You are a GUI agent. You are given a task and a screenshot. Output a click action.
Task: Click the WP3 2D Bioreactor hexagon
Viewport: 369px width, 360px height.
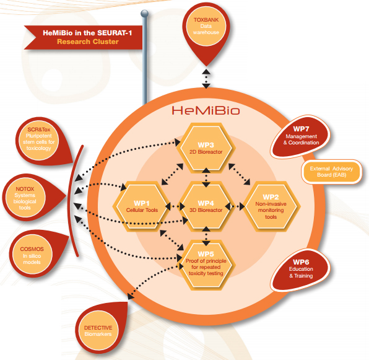coord(206,148)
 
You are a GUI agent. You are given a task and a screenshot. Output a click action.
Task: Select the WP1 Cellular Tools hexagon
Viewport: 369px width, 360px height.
coord(142,206)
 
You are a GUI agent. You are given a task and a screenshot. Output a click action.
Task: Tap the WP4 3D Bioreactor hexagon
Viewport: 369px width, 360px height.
coord(206,206)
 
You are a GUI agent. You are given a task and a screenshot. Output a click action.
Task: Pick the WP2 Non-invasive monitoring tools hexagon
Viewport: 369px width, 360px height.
coord(271,206)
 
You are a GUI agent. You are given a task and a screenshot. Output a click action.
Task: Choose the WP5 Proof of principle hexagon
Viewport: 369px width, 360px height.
coord(206,265)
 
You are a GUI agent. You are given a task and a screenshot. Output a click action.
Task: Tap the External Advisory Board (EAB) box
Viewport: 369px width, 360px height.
coord(332,172)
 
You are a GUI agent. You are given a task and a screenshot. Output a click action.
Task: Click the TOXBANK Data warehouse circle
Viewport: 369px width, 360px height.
coord(206,26)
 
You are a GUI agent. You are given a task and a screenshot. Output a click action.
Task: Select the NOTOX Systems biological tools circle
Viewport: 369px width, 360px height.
coord(25,198)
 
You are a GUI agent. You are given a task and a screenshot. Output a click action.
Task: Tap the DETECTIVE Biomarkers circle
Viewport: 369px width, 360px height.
coord(98,330)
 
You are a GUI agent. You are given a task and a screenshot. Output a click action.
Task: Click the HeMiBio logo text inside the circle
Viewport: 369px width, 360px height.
coord(206,110)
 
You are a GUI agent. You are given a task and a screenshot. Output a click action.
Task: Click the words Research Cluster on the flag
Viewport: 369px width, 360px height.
coord(88,42)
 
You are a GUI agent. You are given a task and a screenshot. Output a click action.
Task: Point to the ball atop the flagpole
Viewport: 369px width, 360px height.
coord(144,14)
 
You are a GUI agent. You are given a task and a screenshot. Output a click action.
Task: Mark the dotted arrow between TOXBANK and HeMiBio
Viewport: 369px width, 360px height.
coord(206,79)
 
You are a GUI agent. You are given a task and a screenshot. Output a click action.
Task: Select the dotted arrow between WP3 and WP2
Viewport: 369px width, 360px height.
coord(240,174)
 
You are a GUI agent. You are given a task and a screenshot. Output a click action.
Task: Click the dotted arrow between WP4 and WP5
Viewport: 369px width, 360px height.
coord(206,236)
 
